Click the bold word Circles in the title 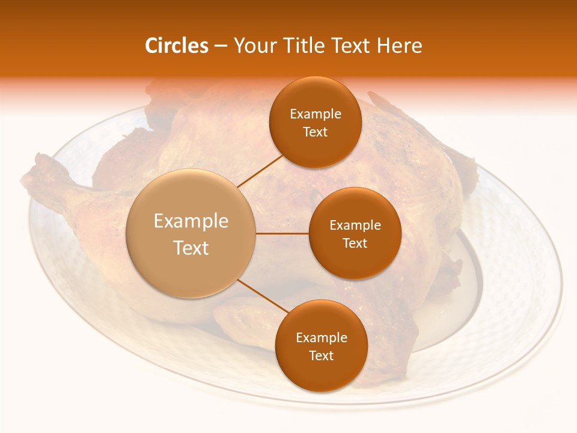coord(176,46)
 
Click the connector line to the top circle coord(260,170)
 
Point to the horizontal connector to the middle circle coord(282,233)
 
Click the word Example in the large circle coord(191,221)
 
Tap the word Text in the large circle coord(191,248)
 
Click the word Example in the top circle coord(316,114)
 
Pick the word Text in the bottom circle coord(321,356)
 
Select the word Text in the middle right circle coord(355,244)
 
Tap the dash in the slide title coord(221,46)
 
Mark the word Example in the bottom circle coord(322,338)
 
